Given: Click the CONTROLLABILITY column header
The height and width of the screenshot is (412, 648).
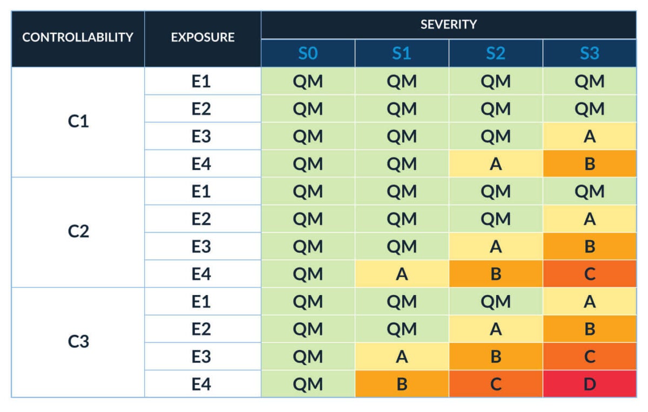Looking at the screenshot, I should [x=78, y=38].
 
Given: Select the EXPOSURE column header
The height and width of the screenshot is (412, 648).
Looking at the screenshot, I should [x=202, y=38].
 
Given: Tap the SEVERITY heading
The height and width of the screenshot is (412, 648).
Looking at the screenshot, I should [x=448, y=24].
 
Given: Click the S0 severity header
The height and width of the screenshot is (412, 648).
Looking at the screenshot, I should [x=308, y=53].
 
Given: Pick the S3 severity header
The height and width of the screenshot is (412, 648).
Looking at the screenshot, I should [x=589, y=53].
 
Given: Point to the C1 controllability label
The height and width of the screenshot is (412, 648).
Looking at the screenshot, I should [x=78, y=122].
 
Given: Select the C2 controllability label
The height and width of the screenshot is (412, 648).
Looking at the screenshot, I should [x=78, y=232].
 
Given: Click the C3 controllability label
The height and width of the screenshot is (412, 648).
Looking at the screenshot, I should [x=78, y=342].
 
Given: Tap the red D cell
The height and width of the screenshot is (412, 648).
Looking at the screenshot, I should [x=589, y=384].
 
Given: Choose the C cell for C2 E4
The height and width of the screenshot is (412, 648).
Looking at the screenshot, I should [x=589, y=274].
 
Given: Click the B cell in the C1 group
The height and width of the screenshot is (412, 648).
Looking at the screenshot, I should [x=589, y=163].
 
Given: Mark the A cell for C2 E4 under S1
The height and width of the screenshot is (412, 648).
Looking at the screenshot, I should [x=402, y=274].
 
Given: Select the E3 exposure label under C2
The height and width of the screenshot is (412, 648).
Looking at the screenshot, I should [x=201, y=246].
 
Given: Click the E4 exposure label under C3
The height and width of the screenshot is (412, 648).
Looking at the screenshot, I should [x=201, y=384].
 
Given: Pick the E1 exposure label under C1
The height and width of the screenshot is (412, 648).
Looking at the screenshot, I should [x=201, y=81].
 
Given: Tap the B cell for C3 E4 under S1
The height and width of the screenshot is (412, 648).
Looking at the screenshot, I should [x=402, y=384].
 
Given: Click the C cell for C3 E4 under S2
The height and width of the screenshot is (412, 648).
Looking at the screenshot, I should [x=496, y=384].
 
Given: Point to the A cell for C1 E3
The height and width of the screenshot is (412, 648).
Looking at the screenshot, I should [x=589, y=136].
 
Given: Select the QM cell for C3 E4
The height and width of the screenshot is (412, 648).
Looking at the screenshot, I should [x=308, y=384].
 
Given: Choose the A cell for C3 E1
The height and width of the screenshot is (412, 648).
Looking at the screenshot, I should [x=589, y=301].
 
